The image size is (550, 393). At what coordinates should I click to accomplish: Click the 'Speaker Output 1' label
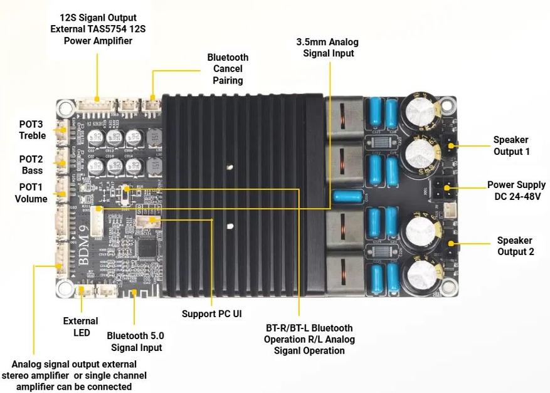(x=510, y=145)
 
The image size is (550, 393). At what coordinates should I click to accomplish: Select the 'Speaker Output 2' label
(x=514, y=246)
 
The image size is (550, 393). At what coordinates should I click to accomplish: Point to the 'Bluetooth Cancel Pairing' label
(x=228, y=69)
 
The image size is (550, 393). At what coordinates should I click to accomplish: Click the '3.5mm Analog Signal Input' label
(x=327, y=48)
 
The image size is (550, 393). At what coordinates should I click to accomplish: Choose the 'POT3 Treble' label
(x=32, y=130)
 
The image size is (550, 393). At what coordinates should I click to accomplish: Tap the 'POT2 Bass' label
(x=31, y=165)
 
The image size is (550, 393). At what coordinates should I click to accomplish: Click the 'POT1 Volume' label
(x=31, y=194)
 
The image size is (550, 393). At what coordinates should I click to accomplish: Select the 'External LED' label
(x=80, y=327)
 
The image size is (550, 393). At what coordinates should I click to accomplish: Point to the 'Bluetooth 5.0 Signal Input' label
(x=136, y=342)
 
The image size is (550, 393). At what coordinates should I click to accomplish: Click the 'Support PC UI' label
(x=211, y=313)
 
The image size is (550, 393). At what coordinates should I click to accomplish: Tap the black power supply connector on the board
(x=447, y=186)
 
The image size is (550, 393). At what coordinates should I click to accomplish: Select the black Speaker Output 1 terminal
(x=449, y=145)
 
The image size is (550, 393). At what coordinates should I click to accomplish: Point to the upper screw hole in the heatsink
(x=231, y=167)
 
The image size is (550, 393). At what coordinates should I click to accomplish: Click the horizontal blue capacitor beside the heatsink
(x=349, y=197)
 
